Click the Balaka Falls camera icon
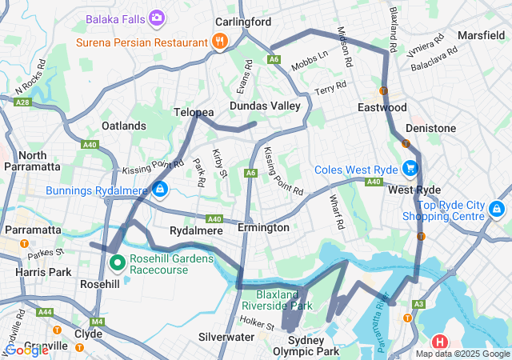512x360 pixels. (157, 17)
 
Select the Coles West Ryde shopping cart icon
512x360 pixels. (410, 168)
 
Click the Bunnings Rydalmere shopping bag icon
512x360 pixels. (160, 189)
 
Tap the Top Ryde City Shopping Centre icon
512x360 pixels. (497, 209)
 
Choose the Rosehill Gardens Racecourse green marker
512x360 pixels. (117, 262)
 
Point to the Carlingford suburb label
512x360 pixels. (244, 22)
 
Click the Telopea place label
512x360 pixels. (194, 113)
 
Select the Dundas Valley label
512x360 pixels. (265, 106)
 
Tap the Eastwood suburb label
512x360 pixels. (382, 107)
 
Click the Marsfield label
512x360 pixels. (481, 36)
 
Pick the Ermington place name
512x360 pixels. (263, 228)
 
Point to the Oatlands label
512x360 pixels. (124, 126)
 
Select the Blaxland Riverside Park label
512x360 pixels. (278, 299)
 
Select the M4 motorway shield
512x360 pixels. (98, 322)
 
